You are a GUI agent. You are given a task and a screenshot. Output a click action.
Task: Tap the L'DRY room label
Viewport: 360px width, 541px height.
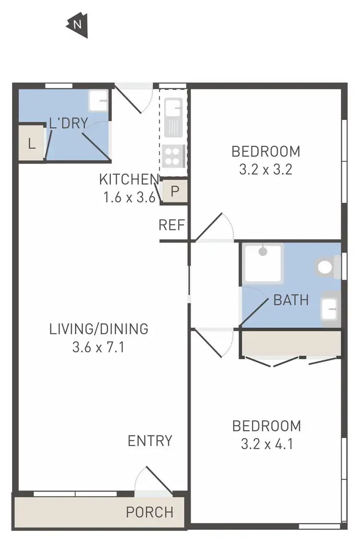(69, 123)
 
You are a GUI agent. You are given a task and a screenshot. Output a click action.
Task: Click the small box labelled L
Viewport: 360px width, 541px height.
(32, 144)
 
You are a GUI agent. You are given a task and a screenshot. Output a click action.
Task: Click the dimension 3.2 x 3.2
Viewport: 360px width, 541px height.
(265, 169)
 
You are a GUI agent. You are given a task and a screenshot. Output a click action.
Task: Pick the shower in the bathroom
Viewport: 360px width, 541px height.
(263, 263)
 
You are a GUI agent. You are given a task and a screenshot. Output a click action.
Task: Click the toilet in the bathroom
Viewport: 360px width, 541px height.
(327, 267)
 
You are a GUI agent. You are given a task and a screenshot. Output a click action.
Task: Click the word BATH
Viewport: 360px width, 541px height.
(291, 301)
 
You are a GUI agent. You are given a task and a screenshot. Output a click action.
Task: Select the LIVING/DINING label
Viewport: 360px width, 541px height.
(98, 329)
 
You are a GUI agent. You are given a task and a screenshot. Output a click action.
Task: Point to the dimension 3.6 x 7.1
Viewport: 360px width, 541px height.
(98, 347)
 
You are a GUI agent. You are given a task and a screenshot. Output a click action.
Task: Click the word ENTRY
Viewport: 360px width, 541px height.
(150, 440)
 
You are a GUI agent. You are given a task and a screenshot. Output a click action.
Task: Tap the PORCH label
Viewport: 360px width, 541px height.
(150, 512)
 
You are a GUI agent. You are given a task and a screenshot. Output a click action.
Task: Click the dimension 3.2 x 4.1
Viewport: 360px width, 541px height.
(266, 443)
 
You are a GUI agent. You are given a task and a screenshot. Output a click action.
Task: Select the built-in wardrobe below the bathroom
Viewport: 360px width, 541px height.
(291, 343)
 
